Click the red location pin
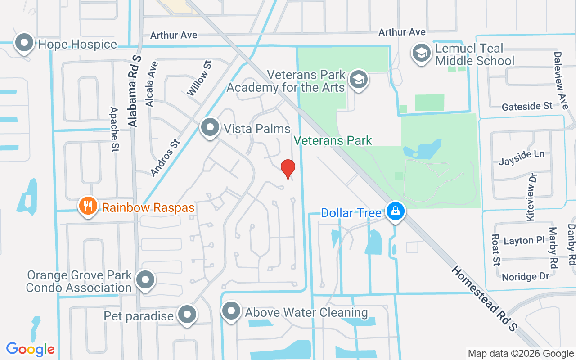[x=288, y=169]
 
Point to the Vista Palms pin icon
[x=210, y=128]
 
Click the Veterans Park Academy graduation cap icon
[x=359, y=80]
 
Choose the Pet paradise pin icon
[x=187, y=315]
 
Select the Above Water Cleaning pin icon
[x=232, y=311]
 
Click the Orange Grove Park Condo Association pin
[x=145, y=280]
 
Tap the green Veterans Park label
[x=333, y=141]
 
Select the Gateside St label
[x=527, y=106]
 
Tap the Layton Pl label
[x=524, y=241]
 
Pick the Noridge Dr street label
[x=525, y=276]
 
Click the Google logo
[x=31, y=349]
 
